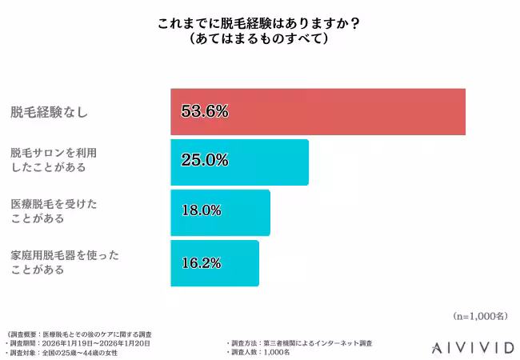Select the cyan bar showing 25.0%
[239, 162]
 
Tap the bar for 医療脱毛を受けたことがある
[220, 212]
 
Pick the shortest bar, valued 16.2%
[214, 262]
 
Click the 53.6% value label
[205, 111]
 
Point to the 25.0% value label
[205, 162]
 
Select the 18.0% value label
[201, 212]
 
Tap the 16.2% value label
[201, 262]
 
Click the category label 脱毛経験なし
[49, 112]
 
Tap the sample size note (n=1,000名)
[479, 316]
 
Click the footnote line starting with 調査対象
[64, 352]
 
